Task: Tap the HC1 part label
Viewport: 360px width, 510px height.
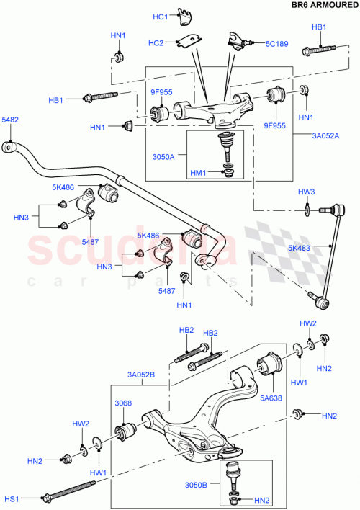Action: [x=160, y=17]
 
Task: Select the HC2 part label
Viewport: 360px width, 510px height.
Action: [x=156, y=43]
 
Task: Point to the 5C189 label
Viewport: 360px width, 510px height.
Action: [x=276, y=44]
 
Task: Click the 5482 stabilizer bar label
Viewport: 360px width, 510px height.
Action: [x=10, y=120]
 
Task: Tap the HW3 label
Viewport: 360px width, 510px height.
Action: [x=307, y=192]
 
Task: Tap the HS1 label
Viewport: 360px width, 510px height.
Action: [x=11, y=497]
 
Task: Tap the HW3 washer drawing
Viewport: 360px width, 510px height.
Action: [x=307, y=209]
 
